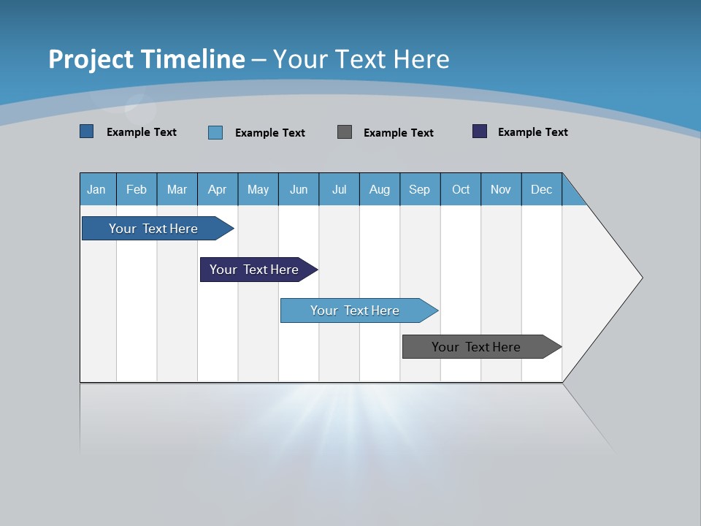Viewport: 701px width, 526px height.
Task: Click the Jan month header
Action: click(96, 189)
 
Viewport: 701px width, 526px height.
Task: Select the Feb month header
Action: click(137, 189)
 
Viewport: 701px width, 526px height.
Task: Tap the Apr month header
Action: click(217, 189)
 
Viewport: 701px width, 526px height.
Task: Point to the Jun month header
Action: click(299, 189)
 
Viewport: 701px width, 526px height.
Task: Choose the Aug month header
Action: click(379, 189)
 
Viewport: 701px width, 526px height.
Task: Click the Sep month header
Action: click(419, 189)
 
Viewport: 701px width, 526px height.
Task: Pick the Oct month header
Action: click(461, 189)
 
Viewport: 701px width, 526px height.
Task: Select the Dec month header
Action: click(541, 189)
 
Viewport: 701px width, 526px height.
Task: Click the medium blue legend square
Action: click(87, 131)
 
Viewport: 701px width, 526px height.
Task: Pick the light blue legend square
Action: click(215, 132)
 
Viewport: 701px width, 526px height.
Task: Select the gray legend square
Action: click(345, 131)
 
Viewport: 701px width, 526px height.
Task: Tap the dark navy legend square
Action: click(480, 131)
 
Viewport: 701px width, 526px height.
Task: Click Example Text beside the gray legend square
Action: click(398, 133)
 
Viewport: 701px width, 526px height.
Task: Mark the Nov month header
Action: click(501, 189)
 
